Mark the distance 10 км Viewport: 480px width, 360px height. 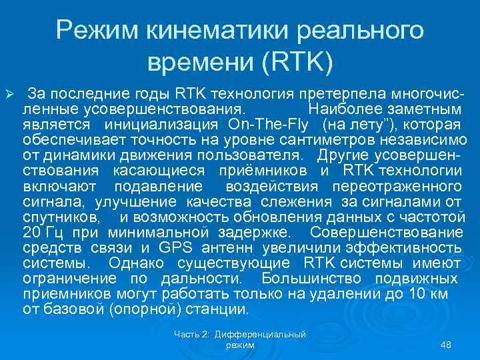429,294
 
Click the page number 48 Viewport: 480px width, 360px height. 446,345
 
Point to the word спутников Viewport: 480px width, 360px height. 61,217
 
